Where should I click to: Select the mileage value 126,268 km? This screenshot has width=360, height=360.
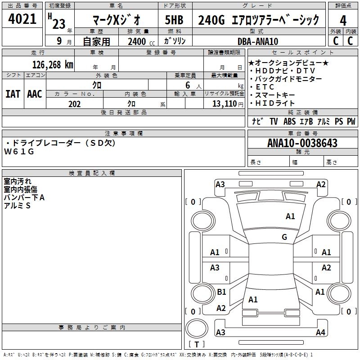(x=53, y=64)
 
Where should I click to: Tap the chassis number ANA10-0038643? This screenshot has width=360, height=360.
(x=302, y=143)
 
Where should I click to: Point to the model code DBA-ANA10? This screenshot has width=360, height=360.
(x=258, y=41)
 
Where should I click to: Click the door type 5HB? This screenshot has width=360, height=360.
(x=174, y=20)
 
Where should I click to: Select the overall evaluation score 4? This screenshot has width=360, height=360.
(x=343, y=20)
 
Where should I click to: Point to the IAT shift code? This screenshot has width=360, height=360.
(x=13, y=94)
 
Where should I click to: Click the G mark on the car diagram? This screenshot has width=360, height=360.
(x=284, y=237)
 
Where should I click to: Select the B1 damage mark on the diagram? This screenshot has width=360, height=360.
(x=221, y=292)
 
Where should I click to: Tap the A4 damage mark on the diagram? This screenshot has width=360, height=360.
(x=320, y=333)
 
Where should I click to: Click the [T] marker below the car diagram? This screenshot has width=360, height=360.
(x=197, y=345)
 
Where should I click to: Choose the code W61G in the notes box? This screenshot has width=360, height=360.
(x=19, y=152)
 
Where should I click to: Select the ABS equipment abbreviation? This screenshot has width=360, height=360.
(x=290, y=121)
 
